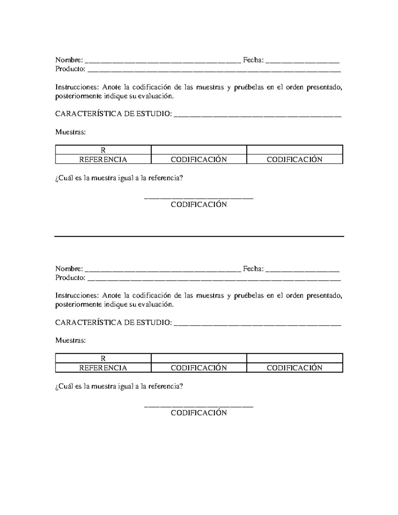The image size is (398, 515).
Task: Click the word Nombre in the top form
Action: [69, 60]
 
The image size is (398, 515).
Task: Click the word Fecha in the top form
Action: [253, 60]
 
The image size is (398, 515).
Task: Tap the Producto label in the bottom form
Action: [70, 278]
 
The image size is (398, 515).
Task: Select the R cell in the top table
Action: [103, 150]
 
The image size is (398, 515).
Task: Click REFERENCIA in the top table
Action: [103, 160]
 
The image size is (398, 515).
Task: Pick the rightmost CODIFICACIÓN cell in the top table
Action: [295, 160]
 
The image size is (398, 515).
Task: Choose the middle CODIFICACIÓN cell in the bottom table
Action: [199, 368]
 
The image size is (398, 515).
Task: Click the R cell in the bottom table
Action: [103, 358]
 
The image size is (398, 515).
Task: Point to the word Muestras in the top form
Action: [70, 132]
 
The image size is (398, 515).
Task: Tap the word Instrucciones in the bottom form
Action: [77, 295]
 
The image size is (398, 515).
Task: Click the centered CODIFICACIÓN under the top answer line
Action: [199, 205]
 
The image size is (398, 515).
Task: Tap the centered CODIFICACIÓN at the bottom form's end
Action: [199, 413]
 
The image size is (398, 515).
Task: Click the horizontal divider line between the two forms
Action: [199, 236]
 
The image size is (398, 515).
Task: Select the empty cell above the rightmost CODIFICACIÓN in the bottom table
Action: [295, 358]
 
